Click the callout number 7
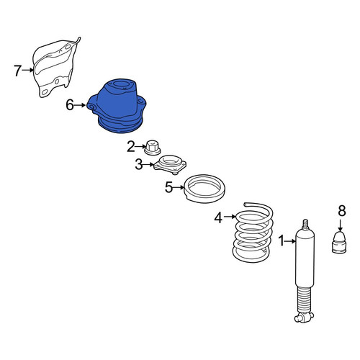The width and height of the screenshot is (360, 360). point(17,71)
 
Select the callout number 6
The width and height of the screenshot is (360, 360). point(70,105)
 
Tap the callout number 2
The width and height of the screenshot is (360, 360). point(131,147)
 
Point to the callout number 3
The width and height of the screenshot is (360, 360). point(139,165)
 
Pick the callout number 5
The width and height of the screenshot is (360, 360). point(168,187)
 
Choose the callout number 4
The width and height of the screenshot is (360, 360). point(218,218)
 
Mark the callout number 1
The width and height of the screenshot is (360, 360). point(282,240)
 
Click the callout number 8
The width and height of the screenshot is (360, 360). point(342,211)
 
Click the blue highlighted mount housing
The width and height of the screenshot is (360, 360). point(117,106)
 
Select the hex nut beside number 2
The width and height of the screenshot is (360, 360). point(153,148)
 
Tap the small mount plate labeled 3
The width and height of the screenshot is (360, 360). point(170,165)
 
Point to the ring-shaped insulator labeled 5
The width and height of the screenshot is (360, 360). point(204,189)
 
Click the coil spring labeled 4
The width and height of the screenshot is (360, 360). point(253,233)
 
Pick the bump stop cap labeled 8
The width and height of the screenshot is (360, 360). point(339,242)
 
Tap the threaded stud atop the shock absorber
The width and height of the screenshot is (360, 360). point(305,225)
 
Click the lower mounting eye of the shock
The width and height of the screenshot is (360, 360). point(304,318)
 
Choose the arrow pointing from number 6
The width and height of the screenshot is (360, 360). point(80,105)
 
